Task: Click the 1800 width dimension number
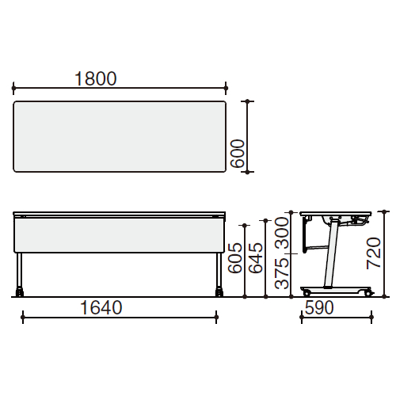tap(96, 78)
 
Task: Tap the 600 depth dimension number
tap(238, 154)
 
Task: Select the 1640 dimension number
tap(101, 307)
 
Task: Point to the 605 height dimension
tap(234, 258)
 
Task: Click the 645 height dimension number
tap(256, 258)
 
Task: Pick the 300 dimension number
tap(282, 233)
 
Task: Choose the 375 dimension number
tap(282, 274)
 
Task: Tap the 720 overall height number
tap(374, 253)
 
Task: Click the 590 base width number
tap(319, 308)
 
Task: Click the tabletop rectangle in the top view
tap(120, 136)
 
